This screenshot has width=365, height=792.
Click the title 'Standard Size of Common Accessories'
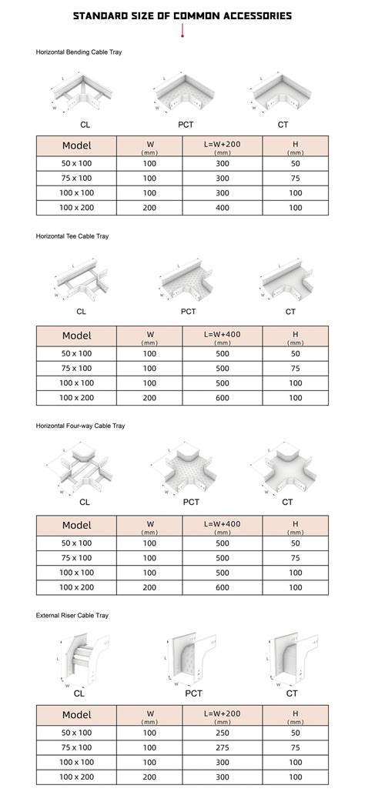tap(182, 15)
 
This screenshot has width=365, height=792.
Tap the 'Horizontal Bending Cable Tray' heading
tap(79, 52)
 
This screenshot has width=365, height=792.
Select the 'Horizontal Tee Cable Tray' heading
tap(72, 236)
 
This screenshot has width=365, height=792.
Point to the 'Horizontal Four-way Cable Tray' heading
tap(80, 426)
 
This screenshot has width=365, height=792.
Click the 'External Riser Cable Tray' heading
tap(72, 615)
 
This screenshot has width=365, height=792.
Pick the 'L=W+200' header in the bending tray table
tap(223, 145)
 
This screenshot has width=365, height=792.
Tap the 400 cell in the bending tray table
tap(223, 208)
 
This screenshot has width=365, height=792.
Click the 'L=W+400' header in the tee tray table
tap(223, 336)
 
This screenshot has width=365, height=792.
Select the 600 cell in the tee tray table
tap(223, 398)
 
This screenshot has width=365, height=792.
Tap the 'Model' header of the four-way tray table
tap(76, 526)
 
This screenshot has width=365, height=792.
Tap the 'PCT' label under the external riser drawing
tap(193, 693)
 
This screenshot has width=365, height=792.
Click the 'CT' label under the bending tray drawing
tap(283, 124)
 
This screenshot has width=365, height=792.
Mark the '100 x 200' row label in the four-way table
tap(76, 588)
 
